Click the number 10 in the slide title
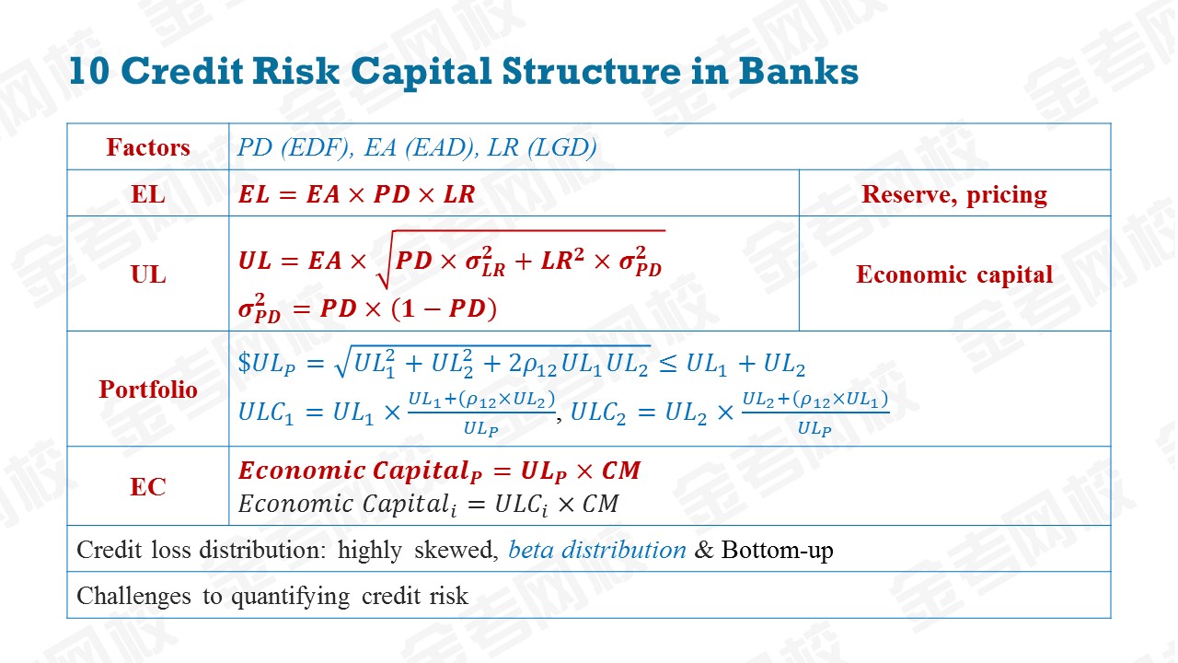coord(89,71)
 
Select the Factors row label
coord(148,147)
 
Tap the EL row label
coord(148,194)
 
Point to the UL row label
coord(148,274)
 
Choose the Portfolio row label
coord(148,390)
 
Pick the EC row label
coord(148,487)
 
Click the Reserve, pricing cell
coord(954,194)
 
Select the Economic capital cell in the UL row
coord(954,274)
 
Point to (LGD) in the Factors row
coord(562,147)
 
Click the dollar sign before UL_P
coord(245,363)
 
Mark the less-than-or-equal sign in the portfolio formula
coord(668,363)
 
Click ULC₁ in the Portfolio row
coord(265,412)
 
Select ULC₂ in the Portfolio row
coord(598,412)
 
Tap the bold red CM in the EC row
coord(621,471)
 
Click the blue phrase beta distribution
coord(597,550)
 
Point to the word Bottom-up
coord(777,551)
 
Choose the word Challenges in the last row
coord(133,597)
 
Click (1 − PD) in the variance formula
coord(445,308)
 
